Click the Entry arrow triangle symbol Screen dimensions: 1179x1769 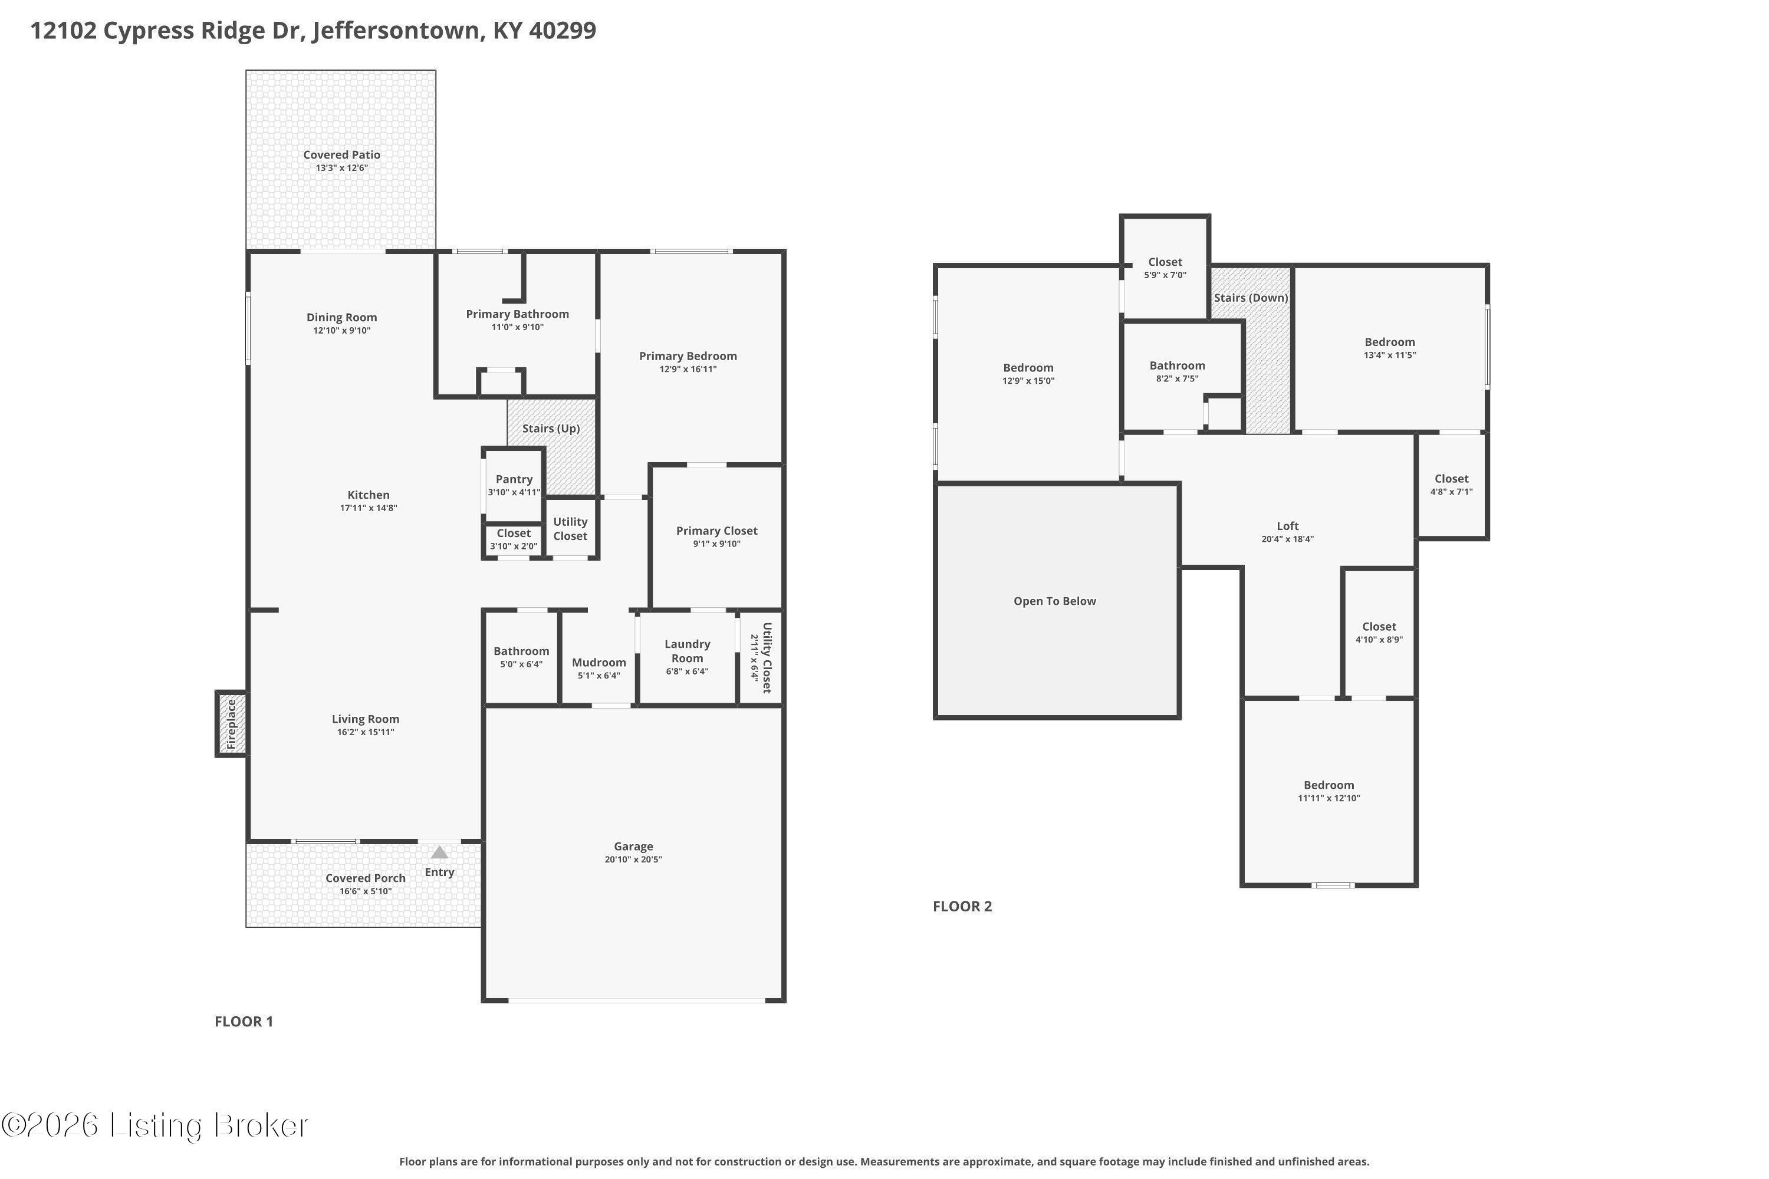point(439,852)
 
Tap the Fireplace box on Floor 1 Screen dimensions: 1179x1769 point(232,724)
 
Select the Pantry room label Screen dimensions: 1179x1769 point(514,479)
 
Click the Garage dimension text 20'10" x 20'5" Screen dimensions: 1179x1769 point(633,859)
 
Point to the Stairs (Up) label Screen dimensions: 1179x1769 point(551,429)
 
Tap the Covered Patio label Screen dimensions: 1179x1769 point(341,155)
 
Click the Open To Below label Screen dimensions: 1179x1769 point(1054,601)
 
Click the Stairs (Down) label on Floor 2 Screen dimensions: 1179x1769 point(1251,298)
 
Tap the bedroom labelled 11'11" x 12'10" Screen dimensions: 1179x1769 point(1329,791)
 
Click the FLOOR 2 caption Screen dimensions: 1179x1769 point(962,906)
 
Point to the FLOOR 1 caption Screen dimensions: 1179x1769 point(244,1021)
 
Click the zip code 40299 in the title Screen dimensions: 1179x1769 point(562,31)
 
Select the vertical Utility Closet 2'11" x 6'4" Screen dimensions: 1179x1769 point(761,658)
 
